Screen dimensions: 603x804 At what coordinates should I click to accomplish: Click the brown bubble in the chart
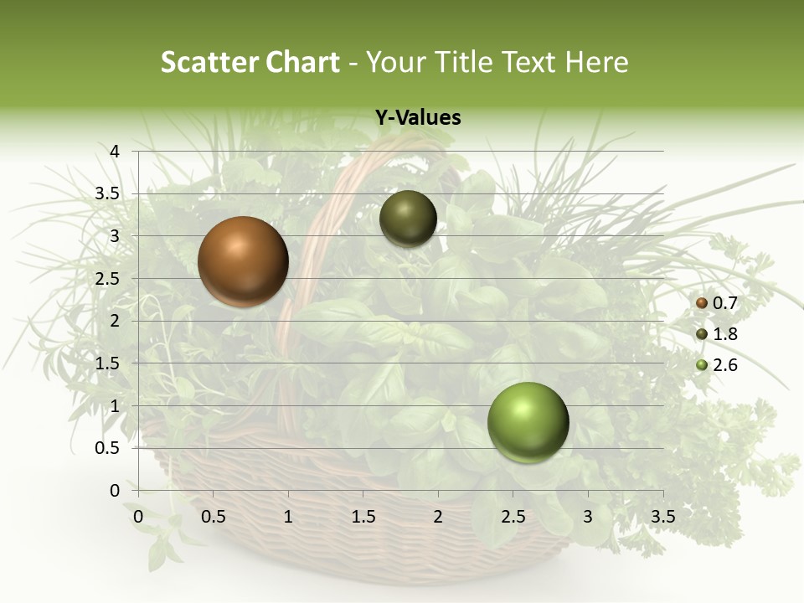[243, 261]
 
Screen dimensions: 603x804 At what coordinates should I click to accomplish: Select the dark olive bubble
[408, 219]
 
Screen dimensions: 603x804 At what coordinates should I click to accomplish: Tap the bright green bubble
[528, 422]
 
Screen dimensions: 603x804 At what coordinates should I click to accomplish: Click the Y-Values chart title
[417, 118]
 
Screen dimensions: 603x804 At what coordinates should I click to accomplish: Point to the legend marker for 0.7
[702, 303]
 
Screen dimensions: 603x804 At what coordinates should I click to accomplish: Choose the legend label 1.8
[724, 334]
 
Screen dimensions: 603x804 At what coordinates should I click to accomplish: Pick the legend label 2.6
[724, 364]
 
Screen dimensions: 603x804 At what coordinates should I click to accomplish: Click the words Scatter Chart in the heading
[250, 62]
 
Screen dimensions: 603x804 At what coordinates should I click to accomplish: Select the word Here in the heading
[597, 62]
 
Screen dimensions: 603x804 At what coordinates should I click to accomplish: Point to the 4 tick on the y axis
[115, 152]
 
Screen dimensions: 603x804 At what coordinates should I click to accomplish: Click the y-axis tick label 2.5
[107, 279]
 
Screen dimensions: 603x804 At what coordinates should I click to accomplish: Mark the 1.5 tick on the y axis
[107, 363]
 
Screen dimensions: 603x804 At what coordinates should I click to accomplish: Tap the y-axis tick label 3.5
[107, 193]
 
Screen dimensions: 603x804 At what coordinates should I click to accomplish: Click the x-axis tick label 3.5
[662, 517]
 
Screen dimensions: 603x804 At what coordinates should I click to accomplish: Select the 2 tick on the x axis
[437, 517]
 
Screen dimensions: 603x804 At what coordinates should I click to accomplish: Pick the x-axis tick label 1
[288, 517]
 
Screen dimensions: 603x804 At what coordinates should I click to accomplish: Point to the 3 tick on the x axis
[587, 517]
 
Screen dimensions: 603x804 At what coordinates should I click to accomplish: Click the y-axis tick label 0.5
[107, 448]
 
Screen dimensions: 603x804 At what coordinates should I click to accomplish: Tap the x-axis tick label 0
[139, 517]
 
